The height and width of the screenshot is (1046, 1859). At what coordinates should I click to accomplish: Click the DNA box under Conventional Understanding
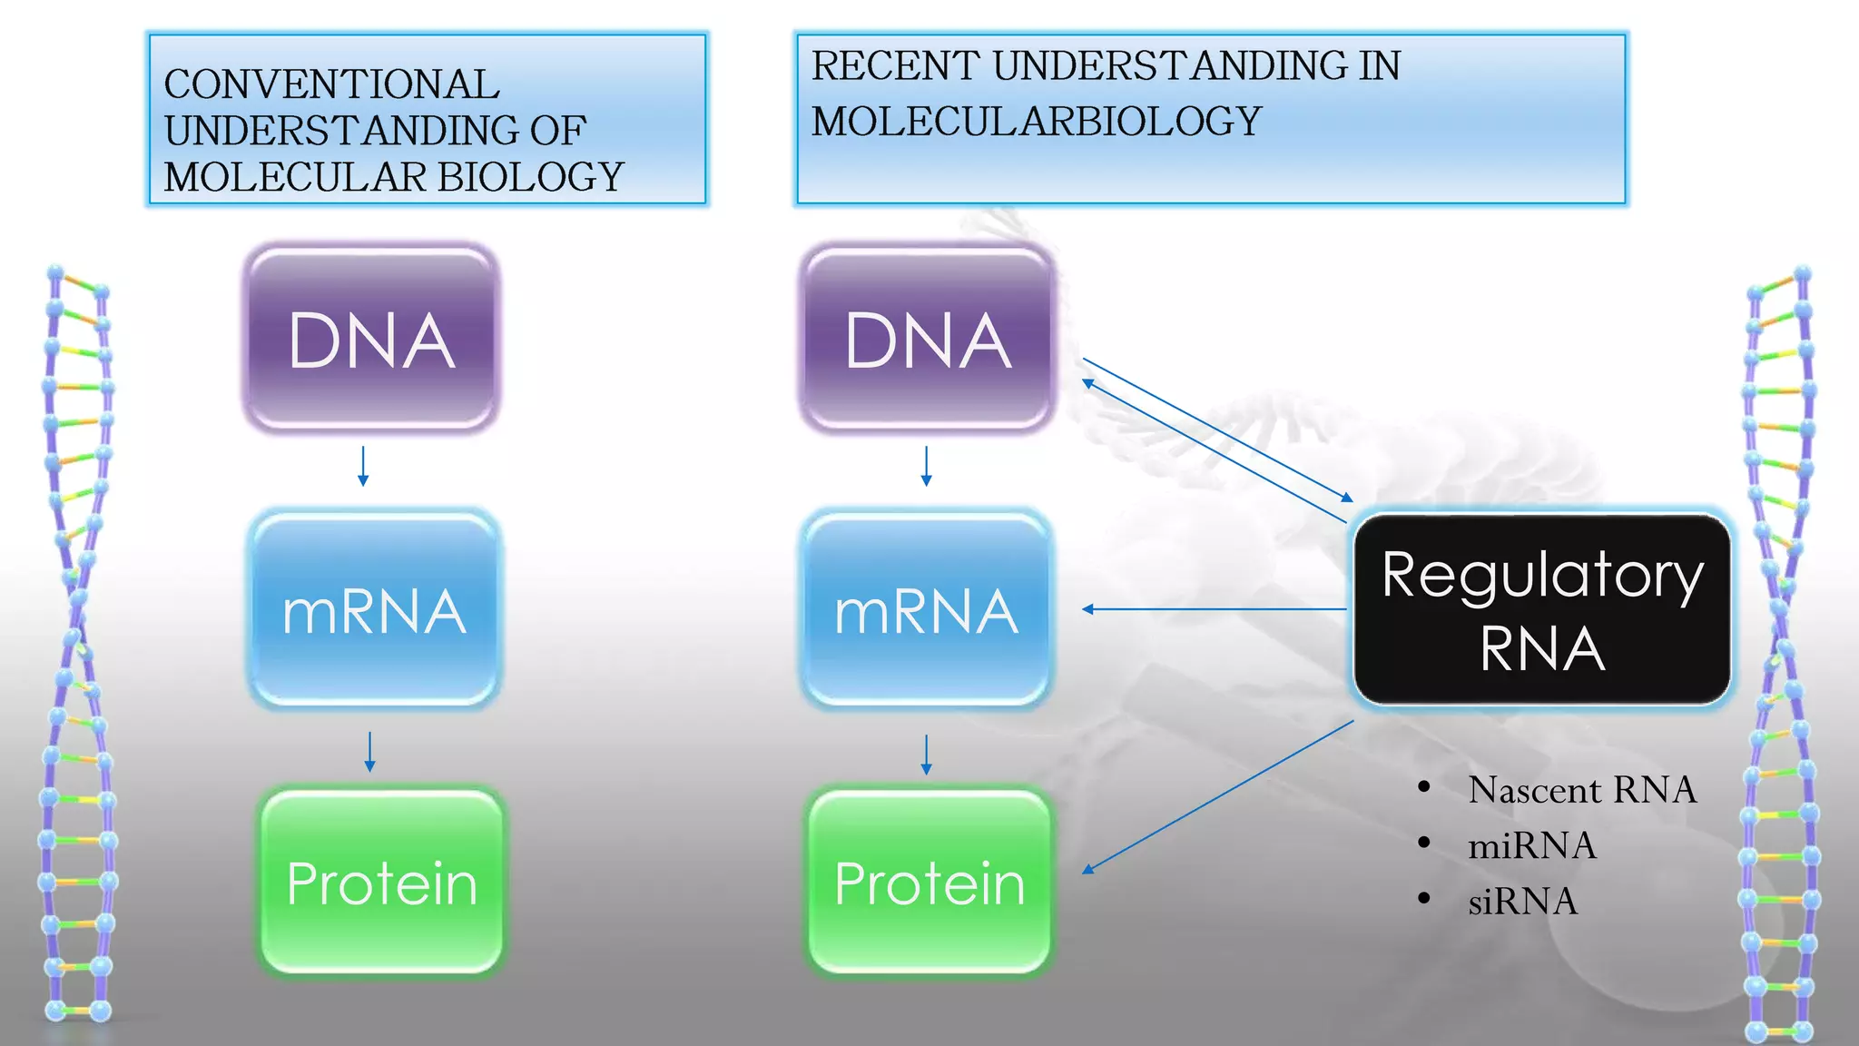click(x=371, y=338)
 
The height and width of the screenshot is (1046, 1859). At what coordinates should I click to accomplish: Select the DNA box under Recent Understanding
click(x=927, y=338)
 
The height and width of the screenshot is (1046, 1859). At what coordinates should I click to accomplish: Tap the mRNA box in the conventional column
click(x=374, y=609)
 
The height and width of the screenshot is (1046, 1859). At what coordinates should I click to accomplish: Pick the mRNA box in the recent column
click(x=927, y=609)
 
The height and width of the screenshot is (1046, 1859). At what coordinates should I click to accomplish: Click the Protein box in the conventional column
click(x=381, y=882)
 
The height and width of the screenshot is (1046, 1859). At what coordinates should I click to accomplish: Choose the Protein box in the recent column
click(x=929, y=882)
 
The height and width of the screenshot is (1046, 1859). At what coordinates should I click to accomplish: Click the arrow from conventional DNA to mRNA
click(x=363, y=466)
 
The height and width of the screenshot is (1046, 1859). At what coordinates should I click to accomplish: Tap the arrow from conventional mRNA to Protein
click(x=369, y=752)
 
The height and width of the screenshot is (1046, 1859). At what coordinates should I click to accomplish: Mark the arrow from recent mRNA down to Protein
click(x=926, y=755)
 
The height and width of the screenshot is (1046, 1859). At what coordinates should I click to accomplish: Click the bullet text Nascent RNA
click(x=1582, y=789)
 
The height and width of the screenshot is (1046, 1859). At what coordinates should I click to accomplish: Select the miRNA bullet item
click(x=1531, y=845)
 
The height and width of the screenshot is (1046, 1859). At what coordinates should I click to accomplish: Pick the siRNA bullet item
click(x=1522, y=902)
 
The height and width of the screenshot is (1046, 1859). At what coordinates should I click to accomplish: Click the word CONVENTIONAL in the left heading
click(x=331, y=84)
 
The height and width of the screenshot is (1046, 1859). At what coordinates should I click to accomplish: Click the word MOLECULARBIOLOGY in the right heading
click(x=1036, y=122)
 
